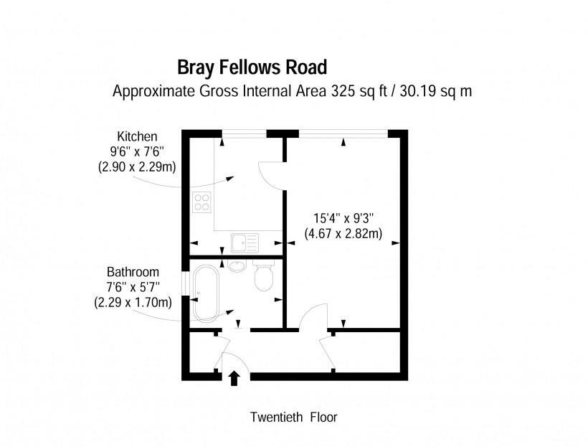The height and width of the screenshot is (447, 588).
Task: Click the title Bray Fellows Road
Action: click(252, 67)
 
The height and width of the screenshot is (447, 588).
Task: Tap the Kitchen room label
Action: click(137, 136)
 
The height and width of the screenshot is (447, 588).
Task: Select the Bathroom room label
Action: click(133, 273)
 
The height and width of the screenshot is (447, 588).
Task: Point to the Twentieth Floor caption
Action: click(293, 417)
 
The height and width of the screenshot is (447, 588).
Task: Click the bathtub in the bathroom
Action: click(207, 293)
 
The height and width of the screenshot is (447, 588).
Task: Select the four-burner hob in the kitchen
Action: click(201, 203)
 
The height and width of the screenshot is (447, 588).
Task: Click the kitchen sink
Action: click(244, 242)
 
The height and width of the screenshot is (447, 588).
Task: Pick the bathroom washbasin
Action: click(238, 265)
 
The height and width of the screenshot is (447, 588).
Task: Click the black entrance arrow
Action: click(234, 377)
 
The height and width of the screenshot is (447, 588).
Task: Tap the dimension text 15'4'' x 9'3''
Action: click(344, 218)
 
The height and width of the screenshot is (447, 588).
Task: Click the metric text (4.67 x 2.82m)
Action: click(343, 232)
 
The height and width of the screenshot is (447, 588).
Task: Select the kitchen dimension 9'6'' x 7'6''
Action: click(137, 151)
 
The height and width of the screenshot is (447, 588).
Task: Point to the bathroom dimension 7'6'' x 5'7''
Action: click(133, 287)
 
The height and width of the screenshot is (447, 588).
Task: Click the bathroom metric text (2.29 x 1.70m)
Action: click(133, 302)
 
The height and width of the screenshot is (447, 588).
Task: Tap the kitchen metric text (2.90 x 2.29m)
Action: click(137, 166)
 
